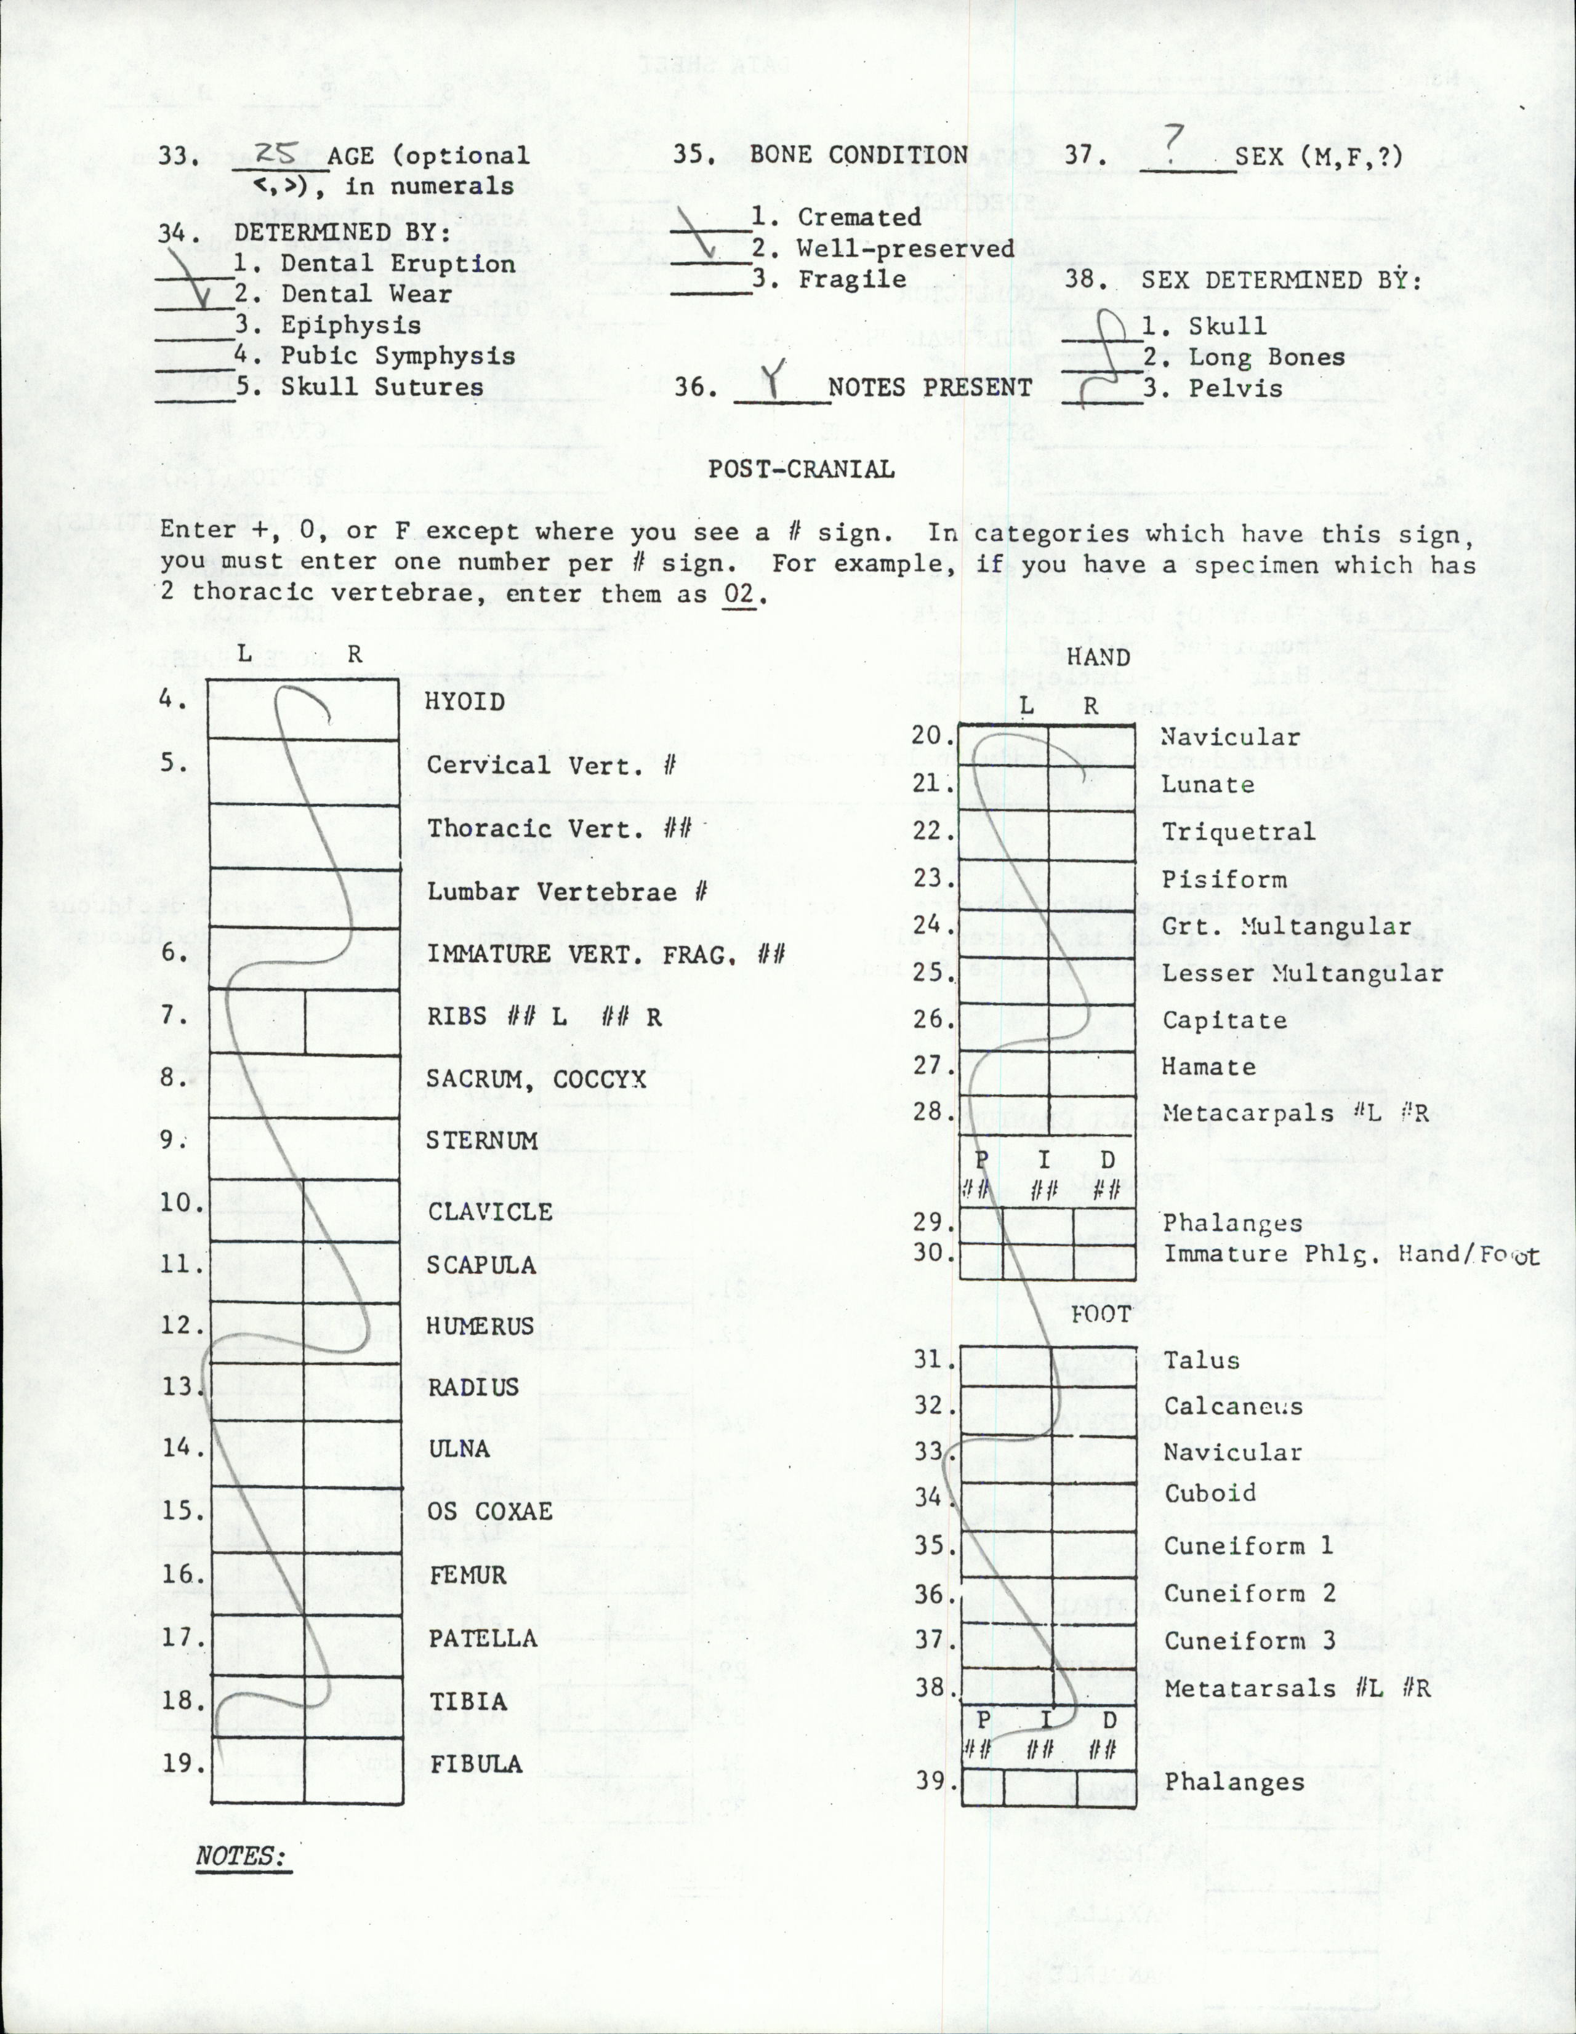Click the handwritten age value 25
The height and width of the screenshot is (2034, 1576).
(276, 152)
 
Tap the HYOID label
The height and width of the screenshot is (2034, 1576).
(465, 701)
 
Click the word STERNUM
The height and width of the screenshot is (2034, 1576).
(481, 1140)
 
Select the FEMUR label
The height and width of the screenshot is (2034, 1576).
(468, 1575)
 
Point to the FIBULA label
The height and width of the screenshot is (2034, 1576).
(476, 1763)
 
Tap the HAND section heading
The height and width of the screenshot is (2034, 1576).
(1098, 657)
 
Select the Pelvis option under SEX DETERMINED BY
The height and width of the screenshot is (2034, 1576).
(1235, 388)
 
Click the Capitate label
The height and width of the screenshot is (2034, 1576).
(1224, 1020)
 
